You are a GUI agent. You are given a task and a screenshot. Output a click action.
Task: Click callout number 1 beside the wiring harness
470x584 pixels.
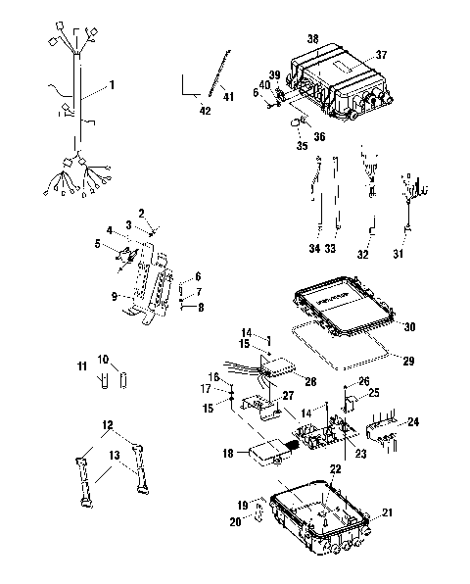112,86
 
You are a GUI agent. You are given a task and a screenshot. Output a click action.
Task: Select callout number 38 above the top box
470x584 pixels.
312,38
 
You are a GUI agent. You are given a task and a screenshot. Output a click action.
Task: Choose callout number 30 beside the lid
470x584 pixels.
409,327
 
